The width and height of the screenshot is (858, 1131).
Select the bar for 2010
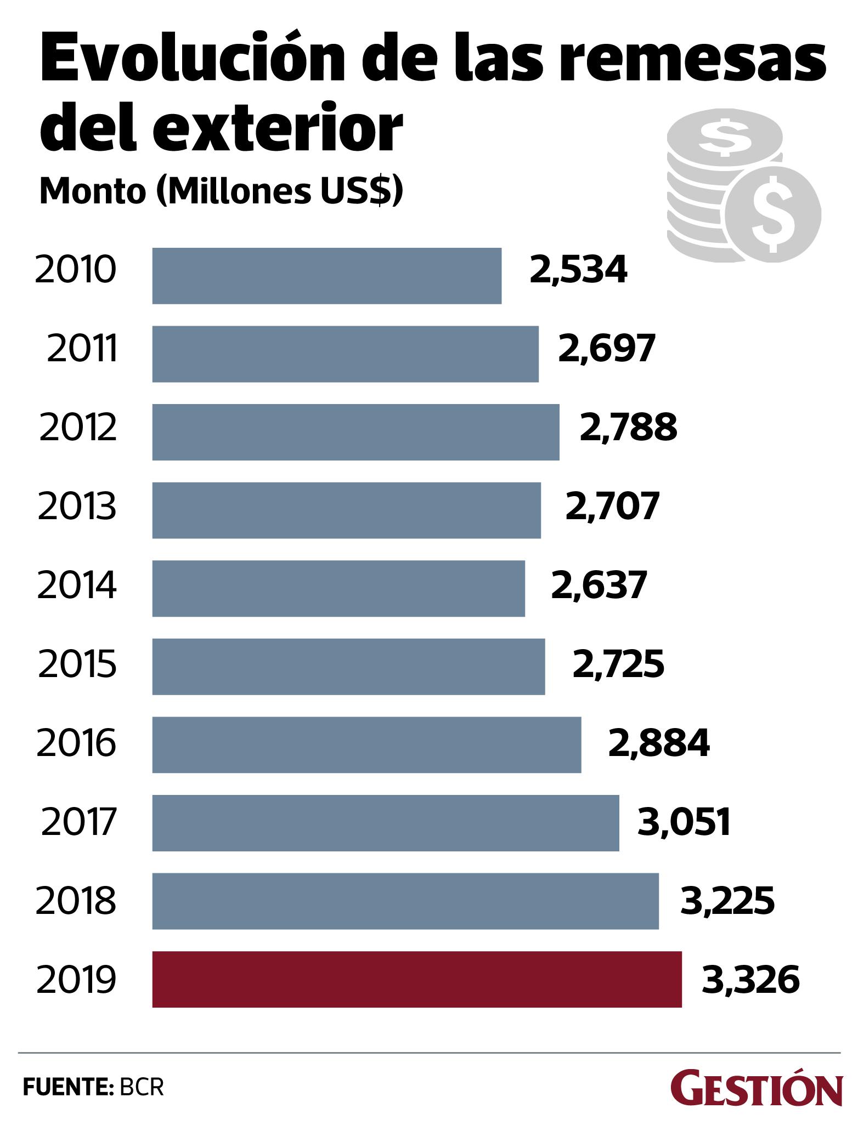point(326,276)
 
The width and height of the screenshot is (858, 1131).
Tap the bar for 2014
point(338,588)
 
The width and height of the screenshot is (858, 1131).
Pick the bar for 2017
point(386,823)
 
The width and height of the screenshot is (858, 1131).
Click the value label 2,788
point(629,428)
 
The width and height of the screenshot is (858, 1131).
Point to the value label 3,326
point(750,980)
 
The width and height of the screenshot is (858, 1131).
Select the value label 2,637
point(599,586)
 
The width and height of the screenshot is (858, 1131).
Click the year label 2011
point(82,350)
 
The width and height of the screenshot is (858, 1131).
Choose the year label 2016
point(76,743)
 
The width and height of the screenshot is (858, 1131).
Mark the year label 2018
point(76,901)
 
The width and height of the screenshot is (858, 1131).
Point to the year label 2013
point(77,507)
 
